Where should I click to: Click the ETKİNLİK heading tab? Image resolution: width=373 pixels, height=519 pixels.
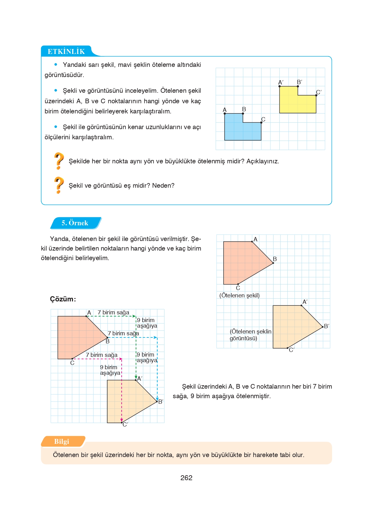click(x=66, y=51)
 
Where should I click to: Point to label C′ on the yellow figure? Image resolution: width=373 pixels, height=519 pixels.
click(x=319, y=92)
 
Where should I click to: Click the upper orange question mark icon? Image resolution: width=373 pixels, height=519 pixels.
click(x=59, y=161)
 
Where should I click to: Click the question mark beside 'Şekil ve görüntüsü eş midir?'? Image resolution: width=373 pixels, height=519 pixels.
click(x=59, y=185)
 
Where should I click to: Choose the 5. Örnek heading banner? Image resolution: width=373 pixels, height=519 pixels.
click(x=75, y=223)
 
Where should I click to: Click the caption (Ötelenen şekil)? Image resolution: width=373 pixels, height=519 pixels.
click(x=239, y=295)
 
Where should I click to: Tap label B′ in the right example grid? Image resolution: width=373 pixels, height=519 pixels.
click(x=326, y=326)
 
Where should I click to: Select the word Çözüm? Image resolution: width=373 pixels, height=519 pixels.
click(x=63, y=299)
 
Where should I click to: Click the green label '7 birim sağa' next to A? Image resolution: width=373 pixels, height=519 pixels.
click(x=113, y=312)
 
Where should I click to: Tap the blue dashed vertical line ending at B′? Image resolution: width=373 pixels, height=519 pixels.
click(x=157, y=370)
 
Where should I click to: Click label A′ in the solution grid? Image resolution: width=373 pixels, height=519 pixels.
click(x=140, y=378)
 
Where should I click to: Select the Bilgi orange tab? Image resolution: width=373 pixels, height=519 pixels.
click(x=62, y=441)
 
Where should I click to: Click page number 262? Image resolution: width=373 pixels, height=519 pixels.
click(x=186, y=478)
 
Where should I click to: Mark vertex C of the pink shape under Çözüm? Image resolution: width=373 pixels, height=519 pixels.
click(x=72, y=359)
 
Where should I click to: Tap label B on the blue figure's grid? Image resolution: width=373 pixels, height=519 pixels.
click(x=244, y=109)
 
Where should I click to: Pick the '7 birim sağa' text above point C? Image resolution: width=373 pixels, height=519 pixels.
click(x=102, y=355)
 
